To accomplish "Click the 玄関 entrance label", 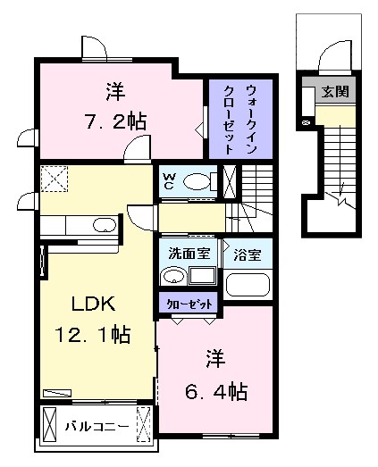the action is point(335,91).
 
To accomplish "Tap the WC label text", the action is point(168,181).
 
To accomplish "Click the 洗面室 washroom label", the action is point(189,254).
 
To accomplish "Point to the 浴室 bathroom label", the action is point(248,255).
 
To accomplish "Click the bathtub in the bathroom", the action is point(248,285).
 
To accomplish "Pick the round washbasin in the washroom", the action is point(173,277).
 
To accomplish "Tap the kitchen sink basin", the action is point(105,225).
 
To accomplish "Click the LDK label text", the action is point(93,304).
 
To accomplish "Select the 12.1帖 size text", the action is point(92,334).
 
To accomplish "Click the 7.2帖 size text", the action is point(115,121).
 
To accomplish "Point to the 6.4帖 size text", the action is point(216,392).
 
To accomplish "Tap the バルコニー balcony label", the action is point(97,427).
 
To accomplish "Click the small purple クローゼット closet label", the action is point(189,304).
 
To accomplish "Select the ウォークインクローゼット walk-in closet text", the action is point(240,120).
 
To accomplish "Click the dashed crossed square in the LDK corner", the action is point(55,179).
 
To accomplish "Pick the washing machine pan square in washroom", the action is point(203,276).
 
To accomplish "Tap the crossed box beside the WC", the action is point(230,181).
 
